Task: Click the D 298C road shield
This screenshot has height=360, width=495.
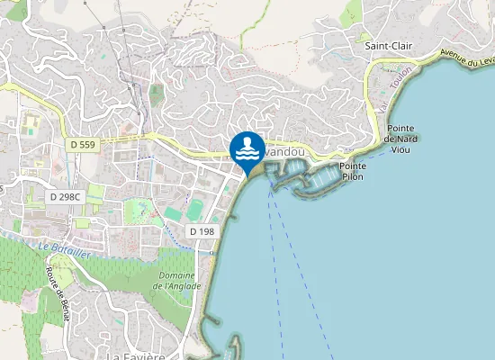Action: [65, 196]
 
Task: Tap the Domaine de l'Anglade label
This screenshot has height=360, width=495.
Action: [176, 280]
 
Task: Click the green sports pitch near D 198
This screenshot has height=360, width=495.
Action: [196, 210]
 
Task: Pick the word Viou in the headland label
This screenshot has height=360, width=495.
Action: [400, 149]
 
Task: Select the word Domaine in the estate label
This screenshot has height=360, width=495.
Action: [176, 274]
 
